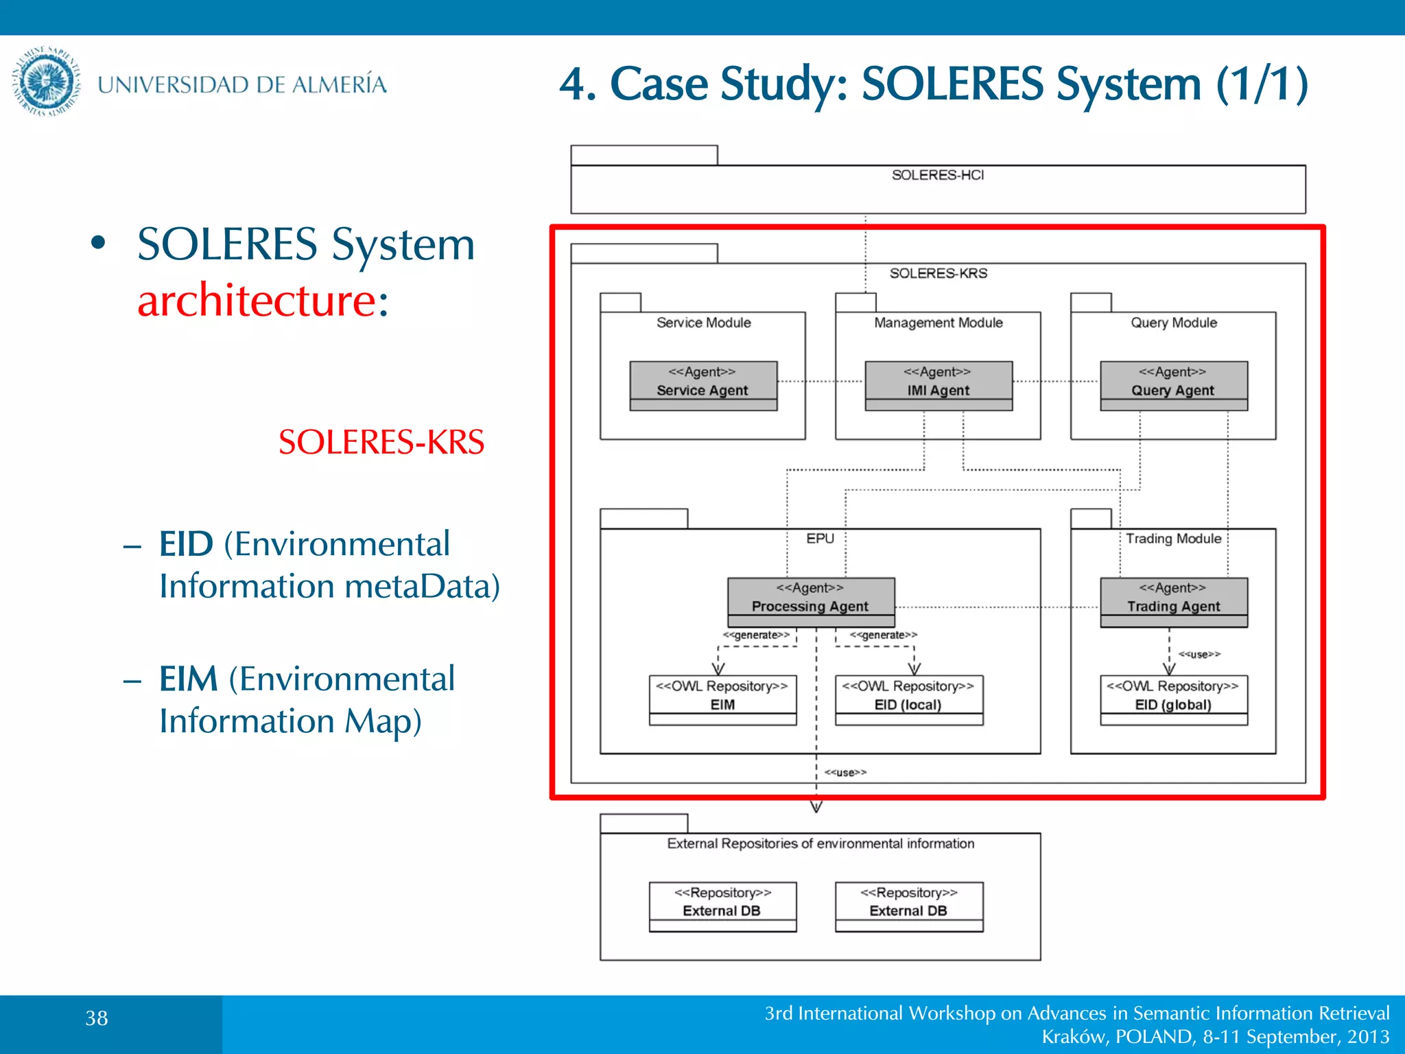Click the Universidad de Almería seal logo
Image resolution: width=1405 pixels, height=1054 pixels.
(46, 82)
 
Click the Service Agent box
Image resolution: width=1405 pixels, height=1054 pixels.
(703, 386)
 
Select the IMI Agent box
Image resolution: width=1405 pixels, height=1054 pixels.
(938, 386)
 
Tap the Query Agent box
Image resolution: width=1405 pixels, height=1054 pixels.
(1173, 386)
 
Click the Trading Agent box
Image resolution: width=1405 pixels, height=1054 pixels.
(1173, 602)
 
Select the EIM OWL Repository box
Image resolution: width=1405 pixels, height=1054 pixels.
(722, 699)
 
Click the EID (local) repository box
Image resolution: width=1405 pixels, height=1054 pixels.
(908, 699)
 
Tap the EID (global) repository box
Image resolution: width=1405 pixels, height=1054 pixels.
(1173, 699)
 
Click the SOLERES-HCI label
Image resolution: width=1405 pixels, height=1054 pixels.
(937, 175)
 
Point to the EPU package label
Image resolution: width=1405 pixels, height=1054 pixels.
(820, 539)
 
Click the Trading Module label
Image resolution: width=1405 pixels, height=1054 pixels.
(1173, 539)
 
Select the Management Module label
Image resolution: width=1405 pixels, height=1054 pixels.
(938, 323)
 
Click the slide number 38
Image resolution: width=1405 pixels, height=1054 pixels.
(97, 1018)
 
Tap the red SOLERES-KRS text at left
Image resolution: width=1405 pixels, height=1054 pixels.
(381, 442)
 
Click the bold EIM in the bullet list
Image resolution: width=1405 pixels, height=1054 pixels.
(188, 679)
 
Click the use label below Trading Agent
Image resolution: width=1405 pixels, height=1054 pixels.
(1199, 654)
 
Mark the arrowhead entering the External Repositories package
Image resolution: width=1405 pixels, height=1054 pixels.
(816, 807)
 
